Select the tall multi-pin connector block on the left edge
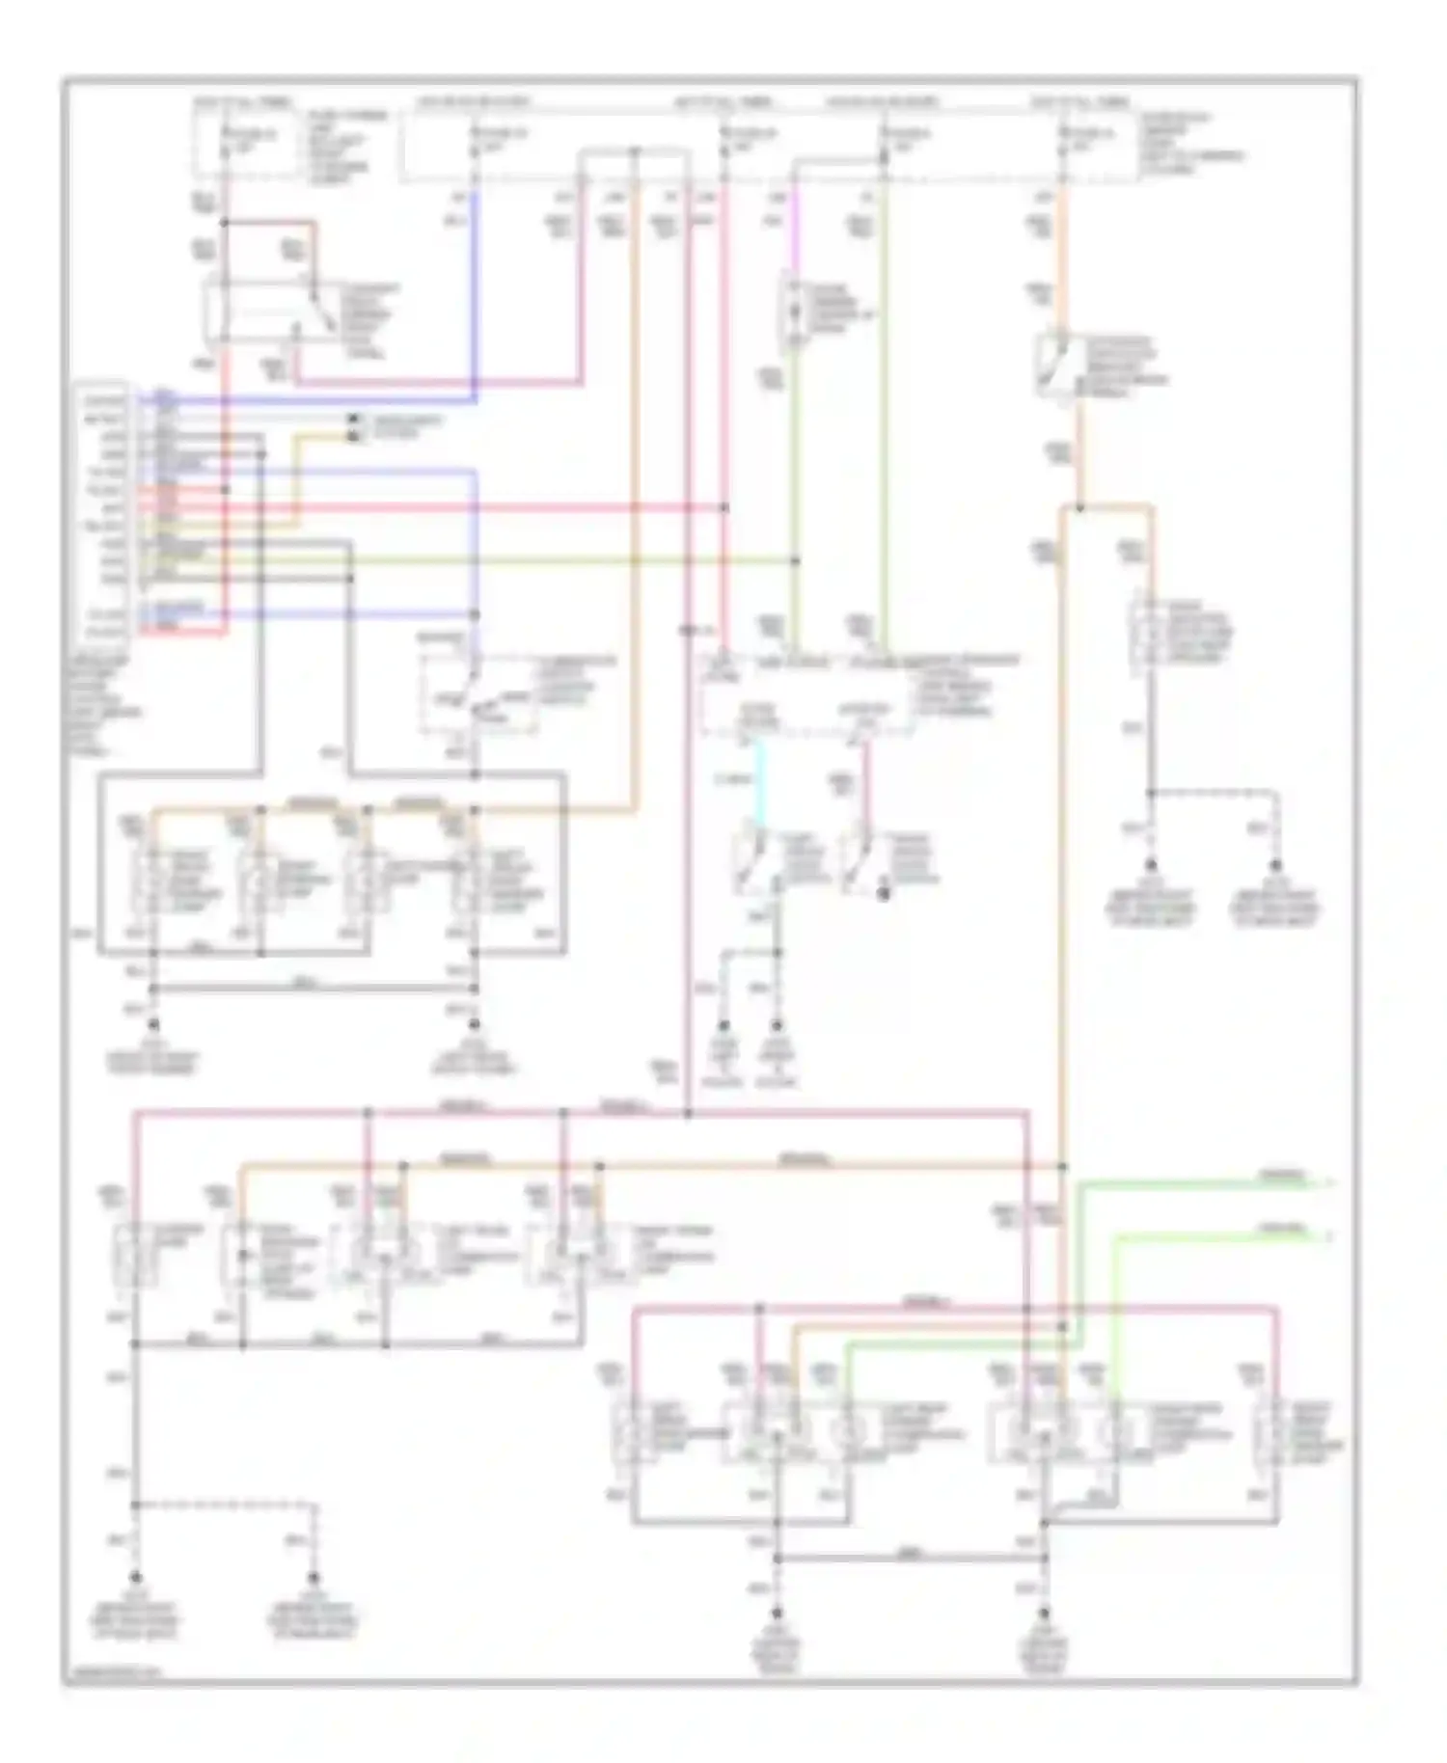[x=103, y=511]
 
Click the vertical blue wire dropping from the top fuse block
[x=476, y=289]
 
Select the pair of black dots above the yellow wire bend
[x=353, y=427]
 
